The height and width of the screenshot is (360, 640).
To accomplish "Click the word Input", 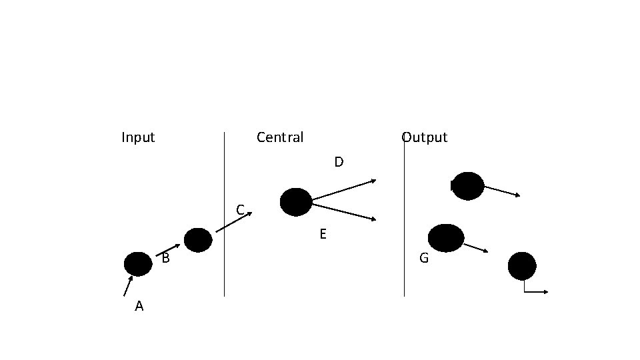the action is click(138, 137).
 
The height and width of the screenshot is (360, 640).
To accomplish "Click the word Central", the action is click(280, 137).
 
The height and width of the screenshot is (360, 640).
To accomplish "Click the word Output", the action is click(425, 137).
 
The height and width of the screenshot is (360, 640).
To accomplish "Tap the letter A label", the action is click(139, 306).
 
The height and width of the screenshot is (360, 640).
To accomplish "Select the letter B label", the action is click(166, 258).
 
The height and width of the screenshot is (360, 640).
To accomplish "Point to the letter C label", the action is click(241, 210).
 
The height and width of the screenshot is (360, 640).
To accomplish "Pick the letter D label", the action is click(339, 162).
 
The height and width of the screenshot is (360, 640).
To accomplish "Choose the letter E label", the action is click(323, 234).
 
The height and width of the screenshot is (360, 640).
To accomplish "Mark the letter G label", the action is click(424, 257).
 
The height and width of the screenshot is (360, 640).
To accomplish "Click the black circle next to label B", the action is click(138, 264).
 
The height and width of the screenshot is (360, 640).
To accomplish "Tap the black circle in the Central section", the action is click(296, 202).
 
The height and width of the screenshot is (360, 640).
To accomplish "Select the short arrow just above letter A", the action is click(127, 286).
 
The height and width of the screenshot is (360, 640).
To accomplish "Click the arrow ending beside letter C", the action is click(234, 222).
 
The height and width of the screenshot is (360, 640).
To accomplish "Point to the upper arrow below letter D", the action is click(344, 189).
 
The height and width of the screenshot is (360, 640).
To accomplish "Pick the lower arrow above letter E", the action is click(344, 212).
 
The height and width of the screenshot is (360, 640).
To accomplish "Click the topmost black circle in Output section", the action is click(468, 186).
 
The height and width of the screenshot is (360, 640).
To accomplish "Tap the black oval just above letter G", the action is click(446, 238).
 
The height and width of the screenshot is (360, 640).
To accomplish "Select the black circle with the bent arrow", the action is click(522, 266).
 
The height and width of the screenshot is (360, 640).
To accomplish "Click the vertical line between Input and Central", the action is click(224, 213).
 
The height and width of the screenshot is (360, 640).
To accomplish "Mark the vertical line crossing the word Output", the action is click(404, 220).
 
